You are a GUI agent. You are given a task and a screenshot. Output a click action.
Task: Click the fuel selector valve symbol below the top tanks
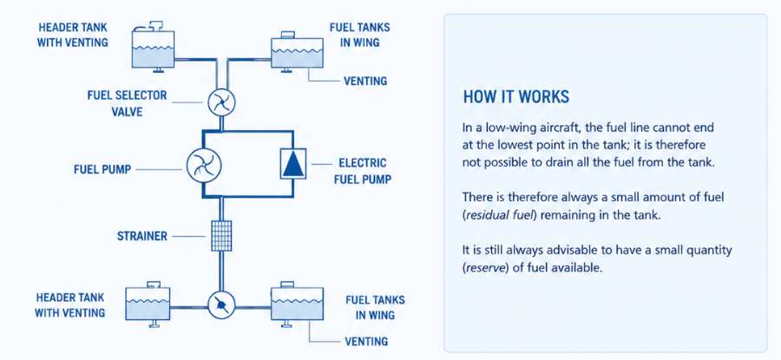[221, 102]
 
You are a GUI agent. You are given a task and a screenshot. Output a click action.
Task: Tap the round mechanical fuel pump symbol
[204, 166]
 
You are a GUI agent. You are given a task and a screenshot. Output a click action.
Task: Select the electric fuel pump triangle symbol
[292, 163]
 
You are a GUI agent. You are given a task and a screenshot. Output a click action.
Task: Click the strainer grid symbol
[220, 236]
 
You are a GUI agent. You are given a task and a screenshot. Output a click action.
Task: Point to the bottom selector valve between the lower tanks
[221, 305]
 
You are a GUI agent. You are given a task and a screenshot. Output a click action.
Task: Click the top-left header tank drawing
[154, 48]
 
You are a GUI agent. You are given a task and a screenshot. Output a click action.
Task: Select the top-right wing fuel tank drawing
[297, 52]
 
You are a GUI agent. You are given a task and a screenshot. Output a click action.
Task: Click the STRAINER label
[142, 236]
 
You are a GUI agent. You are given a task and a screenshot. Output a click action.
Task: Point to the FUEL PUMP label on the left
[102, 170]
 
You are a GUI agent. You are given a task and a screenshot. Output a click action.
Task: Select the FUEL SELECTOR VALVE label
[127, 103]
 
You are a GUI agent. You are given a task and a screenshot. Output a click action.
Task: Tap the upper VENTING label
[365, 81]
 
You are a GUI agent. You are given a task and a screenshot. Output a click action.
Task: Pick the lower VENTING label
[366, 341]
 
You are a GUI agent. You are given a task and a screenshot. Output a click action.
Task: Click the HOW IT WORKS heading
[516, 97]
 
